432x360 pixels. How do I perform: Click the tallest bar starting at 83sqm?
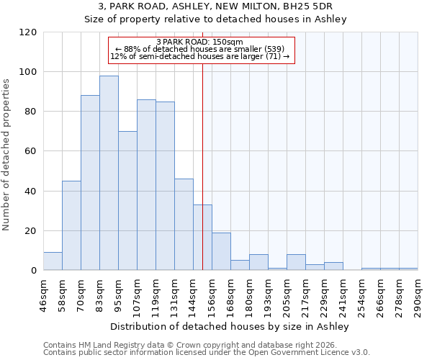click(x=109, y=173)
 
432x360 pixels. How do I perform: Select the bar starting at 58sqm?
click(x=71, y=225)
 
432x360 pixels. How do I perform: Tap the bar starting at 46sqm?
click(x=53, y=261)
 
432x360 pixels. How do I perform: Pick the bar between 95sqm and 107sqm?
click(x=127, y=201)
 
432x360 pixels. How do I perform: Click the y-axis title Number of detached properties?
click(x=7, y=156)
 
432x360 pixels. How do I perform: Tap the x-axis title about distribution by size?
click(x=230, y=326)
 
